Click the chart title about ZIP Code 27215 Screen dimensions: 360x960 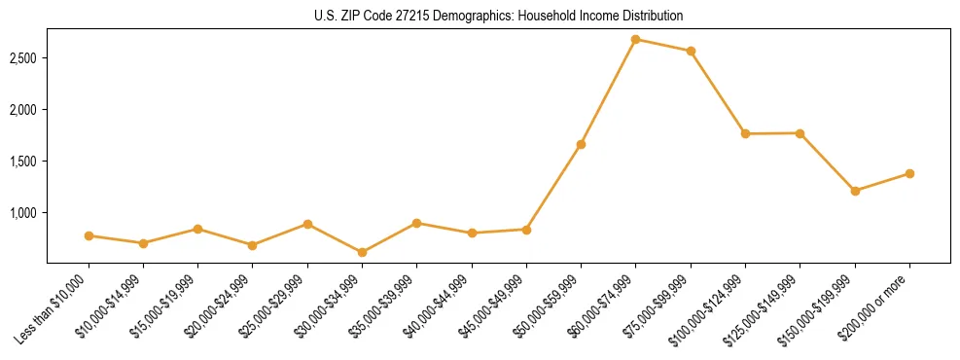499,16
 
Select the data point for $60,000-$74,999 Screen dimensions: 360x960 635,39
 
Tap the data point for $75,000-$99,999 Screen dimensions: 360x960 691,51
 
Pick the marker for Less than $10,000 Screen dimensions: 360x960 89,235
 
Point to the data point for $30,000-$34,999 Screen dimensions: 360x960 362,252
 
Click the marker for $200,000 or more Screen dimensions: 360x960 909,173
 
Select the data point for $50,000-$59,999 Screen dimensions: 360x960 581,144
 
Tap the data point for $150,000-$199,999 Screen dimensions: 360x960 855,191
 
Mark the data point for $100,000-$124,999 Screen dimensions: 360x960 745,133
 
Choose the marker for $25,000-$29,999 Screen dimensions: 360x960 307,224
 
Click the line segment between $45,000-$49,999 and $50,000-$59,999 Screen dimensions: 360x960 553,187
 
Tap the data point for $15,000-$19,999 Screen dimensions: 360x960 197,229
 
